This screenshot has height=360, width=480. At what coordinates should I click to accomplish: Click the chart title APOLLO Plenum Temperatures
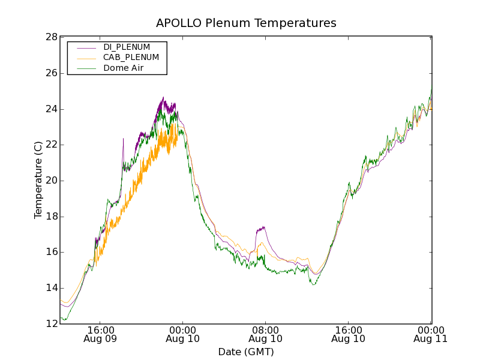coord(246,23)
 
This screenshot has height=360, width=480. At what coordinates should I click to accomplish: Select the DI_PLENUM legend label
coord(127,47)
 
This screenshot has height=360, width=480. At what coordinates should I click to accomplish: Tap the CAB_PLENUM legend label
coord(131,58)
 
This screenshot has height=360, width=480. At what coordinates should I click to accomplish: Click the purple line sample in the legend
coord(86,47)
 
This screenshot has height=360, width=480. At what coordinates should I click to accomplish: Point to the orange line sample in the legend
coord(86,58)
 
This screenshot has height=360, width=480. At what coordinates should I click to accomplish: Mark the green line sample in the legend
coord(86,68)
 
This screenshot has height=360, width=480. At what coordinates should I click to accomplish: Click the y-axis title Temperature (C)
coord(38,180)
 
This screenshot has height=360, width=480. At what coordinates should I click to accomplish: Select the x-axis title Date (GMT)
coord(246,352)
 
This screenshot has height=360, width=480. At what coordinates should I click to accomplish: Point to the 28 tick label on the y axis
coord(52,37)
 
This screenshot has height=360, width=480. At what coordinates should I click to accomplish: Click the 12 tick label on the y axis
coord(52,324)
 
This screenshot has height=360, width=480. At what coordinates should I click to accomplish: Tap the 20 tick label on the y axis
coord(52,181)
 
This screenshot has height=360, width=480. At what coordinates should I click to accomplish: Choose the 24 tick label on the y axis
coord(52,109)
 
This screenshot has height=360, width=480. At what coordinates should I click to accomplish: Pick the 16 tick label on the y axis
coord(52,252)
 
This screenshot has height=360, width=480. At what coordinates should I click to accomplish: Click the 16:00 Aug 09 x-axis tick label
coord(100,334)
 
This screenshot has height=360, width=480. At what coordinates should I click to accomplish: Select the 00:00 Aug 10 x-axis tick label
coord(183,334)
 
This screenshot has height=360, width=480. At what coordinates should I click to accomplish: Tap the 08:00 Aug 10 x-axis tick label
coord(266,334)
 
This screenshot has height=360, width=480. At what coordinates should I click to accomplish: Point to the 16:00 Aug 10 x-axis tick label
coord(349,334)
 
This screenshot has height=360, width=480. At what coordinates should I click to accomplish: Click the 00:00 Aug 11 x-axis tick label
coord(431,334)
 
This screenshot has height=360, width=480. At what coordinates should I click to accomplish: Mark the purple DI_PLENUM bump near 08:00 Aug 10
coord(261,229)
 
